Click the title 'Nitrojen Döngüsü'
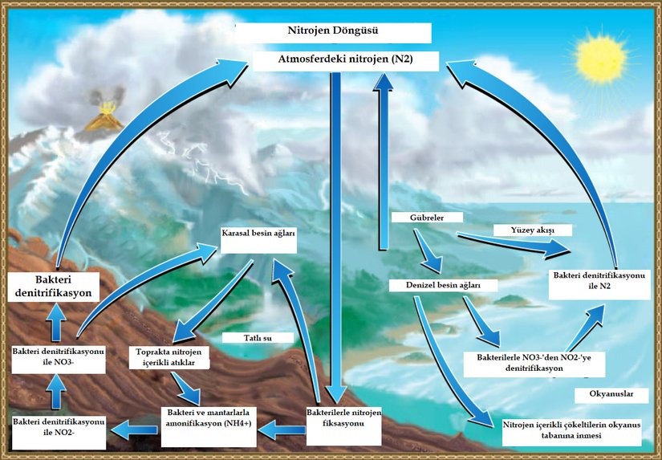332,33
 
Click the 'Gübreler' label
426,218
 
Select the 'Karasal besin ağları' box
258,238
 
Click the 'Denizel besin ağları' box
444,285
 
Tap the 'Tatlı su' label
257,338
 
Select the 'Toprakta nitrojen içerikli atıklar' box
169,358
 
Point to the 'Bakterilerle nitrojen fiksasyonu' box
344,417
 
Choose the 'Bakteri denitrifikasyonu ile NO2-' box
59,428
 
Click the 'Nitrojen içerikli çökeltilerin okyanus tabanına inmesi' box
571,430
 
